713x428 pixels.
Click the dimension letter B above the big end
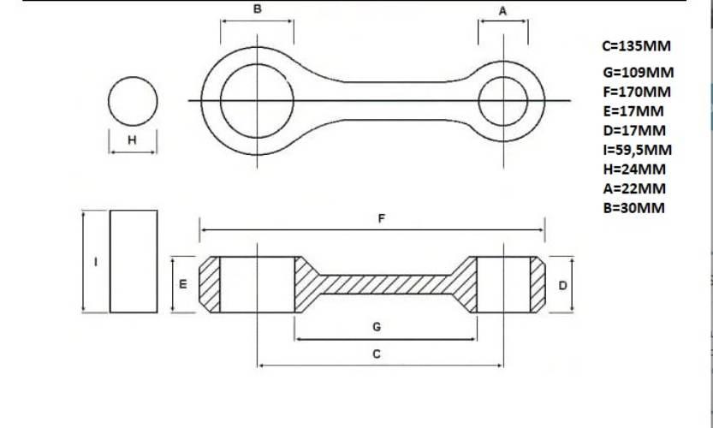258,9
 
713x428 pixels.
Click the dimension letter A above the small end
502,11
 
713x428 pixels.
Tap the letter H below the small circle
132,140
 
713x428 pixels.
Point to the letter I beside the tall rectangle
96,262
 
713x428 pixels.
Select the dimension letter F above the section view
382,219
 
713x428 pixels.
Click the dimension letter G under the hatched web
377,327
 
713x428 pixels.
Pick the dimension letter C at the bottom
377,354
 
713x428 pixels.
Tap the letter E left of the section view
183,284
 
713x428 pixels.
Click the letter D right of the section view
562,286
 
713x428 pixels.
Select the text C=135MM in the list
637,46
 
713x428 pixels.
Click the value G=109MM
639,72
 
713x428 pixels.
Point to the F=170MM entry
637,92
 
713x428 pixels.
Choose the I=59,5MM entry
638,150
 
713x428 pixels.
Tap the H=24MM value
635,169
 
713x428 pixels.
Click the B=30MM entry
634,208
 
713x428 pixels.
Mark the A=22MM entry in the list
635,188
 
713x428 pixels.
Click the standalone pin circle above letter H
133,77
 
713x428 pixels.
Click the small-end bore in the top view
503,77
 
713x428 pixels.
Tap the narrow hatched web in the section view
385,285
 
